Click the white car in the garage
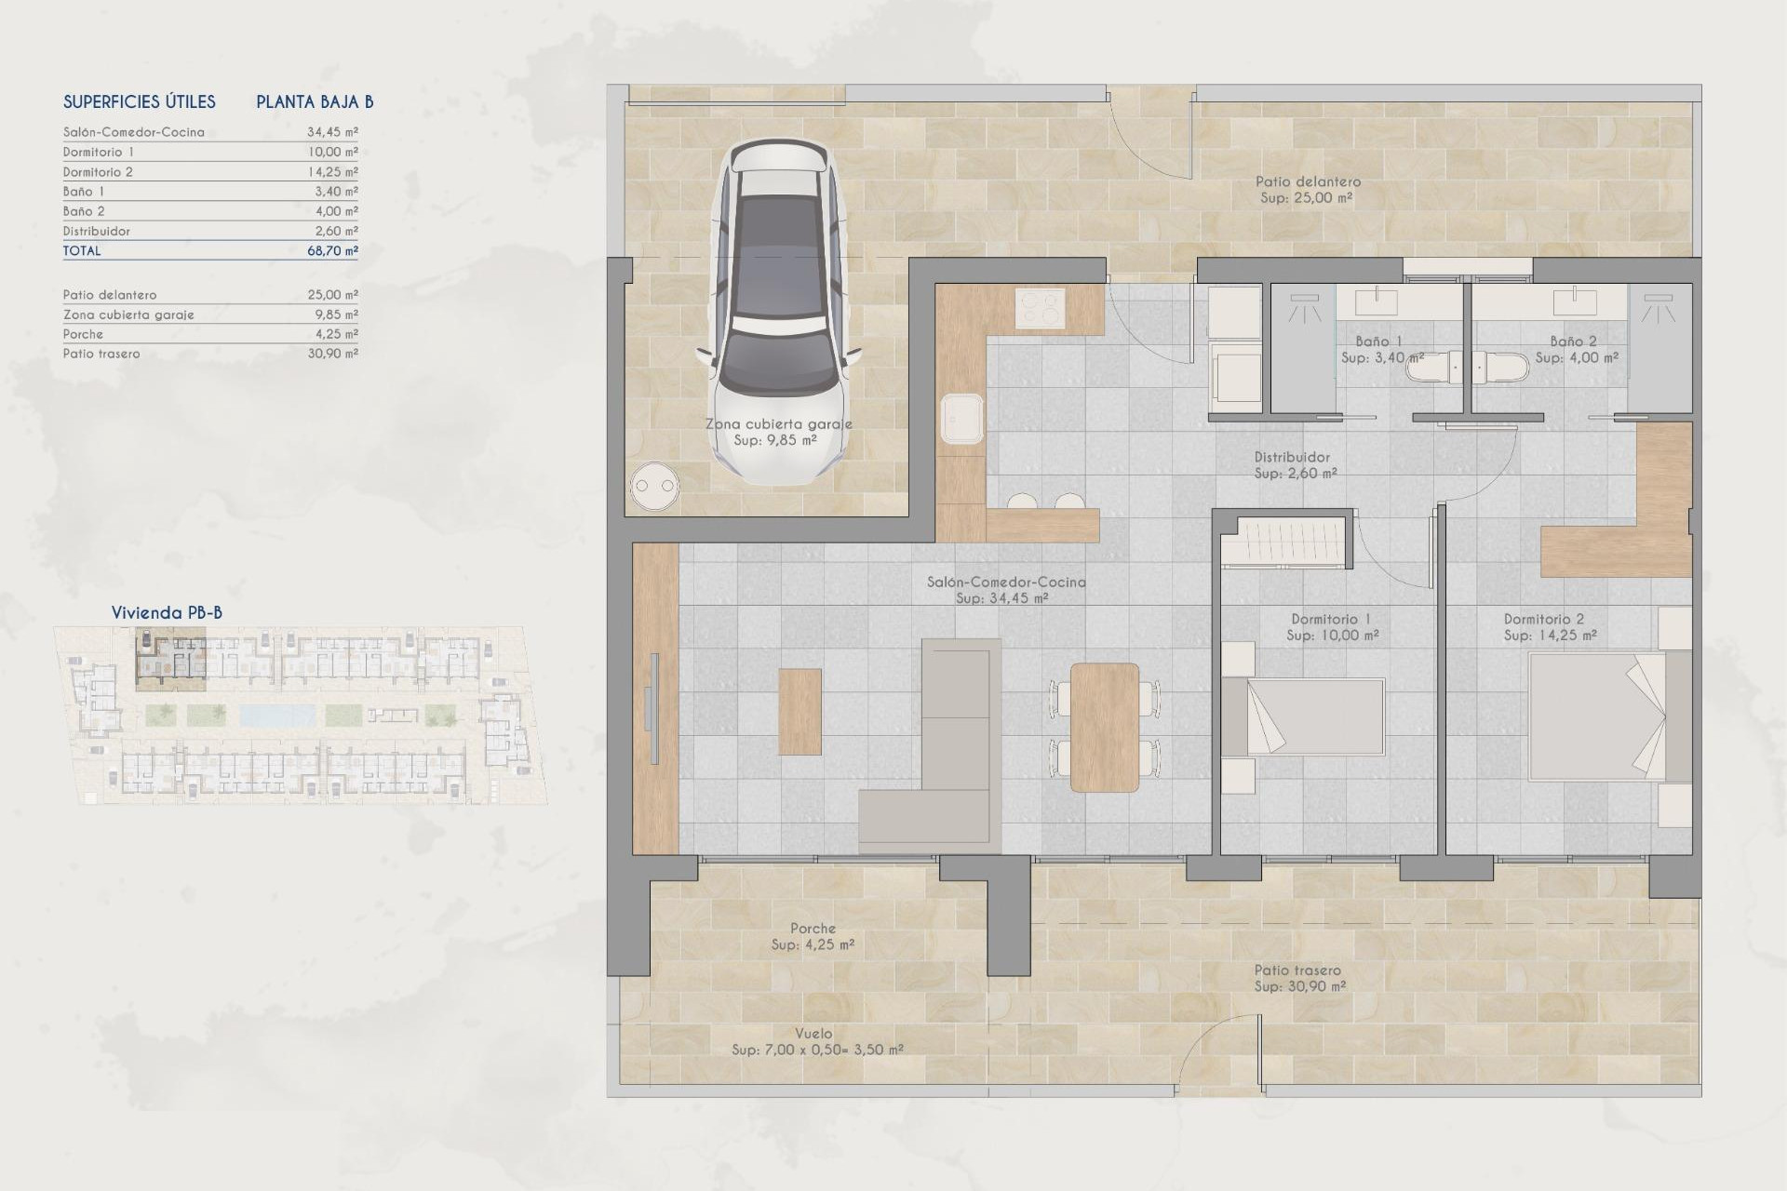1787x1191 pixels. click(780, 312)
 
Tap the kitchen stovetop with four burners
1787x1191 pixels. click(1040, 308)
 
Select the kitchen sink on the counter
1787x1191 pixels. click(961, 419)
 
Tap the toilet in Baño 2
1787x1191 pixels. click(1502, 368)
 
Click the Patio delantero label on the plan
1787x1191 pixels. click(1308, 181)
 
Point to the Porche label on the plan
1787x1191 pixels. click(813, 928)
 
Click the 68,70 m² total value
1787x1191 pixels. click(332, 250)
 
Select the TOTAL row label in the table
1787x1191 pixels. click(82, 250)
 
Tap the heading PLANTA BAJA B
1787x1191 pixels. click(315, 101)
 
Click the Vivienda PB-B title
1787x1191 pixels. click(167, 612)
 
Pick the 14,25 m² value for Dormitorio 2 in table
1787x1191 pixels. click(332, 171)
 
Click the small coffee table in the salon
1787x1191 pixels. click(800, 711)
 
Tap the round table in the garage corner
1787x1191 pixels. click(653, 486)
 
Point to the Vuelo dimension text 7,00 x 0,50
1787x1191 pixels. click(817, 1050)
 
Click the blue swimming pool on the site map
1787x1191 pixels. click(277, 715)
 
